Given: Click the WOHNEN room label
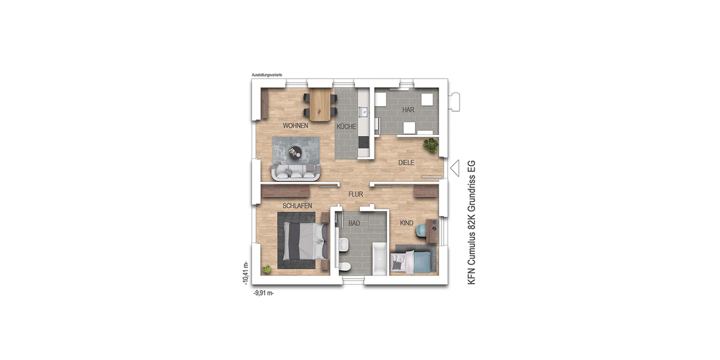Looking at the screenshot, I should click(x=296, y=126).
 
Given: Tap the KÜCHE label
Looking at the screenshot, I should click(x=347, y=127).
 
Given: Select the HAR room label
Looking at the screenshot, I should click(x=408, y=110).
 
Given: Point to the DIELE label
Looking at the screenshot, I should click(x=407, y=163).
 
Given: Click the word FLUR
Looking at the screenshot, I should click(x=356, y=194).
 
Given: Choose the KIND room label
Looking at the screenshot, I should click(x=407, y=223).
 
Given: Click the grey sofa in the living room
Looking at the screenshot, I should click(x=295, y=172).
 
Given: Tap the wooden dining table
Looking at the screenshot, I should click(x=320, y=104).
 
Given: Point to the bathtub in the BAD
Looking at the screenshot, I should click(x=379, y=260).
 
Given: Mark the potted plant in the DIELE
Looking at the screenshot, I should click(x=430, y=145).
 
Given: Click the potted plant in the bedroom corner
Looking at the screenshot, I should click(x=266, y=270).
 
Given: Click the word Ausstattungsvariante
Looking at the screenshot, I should click(x=268, y=75).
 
